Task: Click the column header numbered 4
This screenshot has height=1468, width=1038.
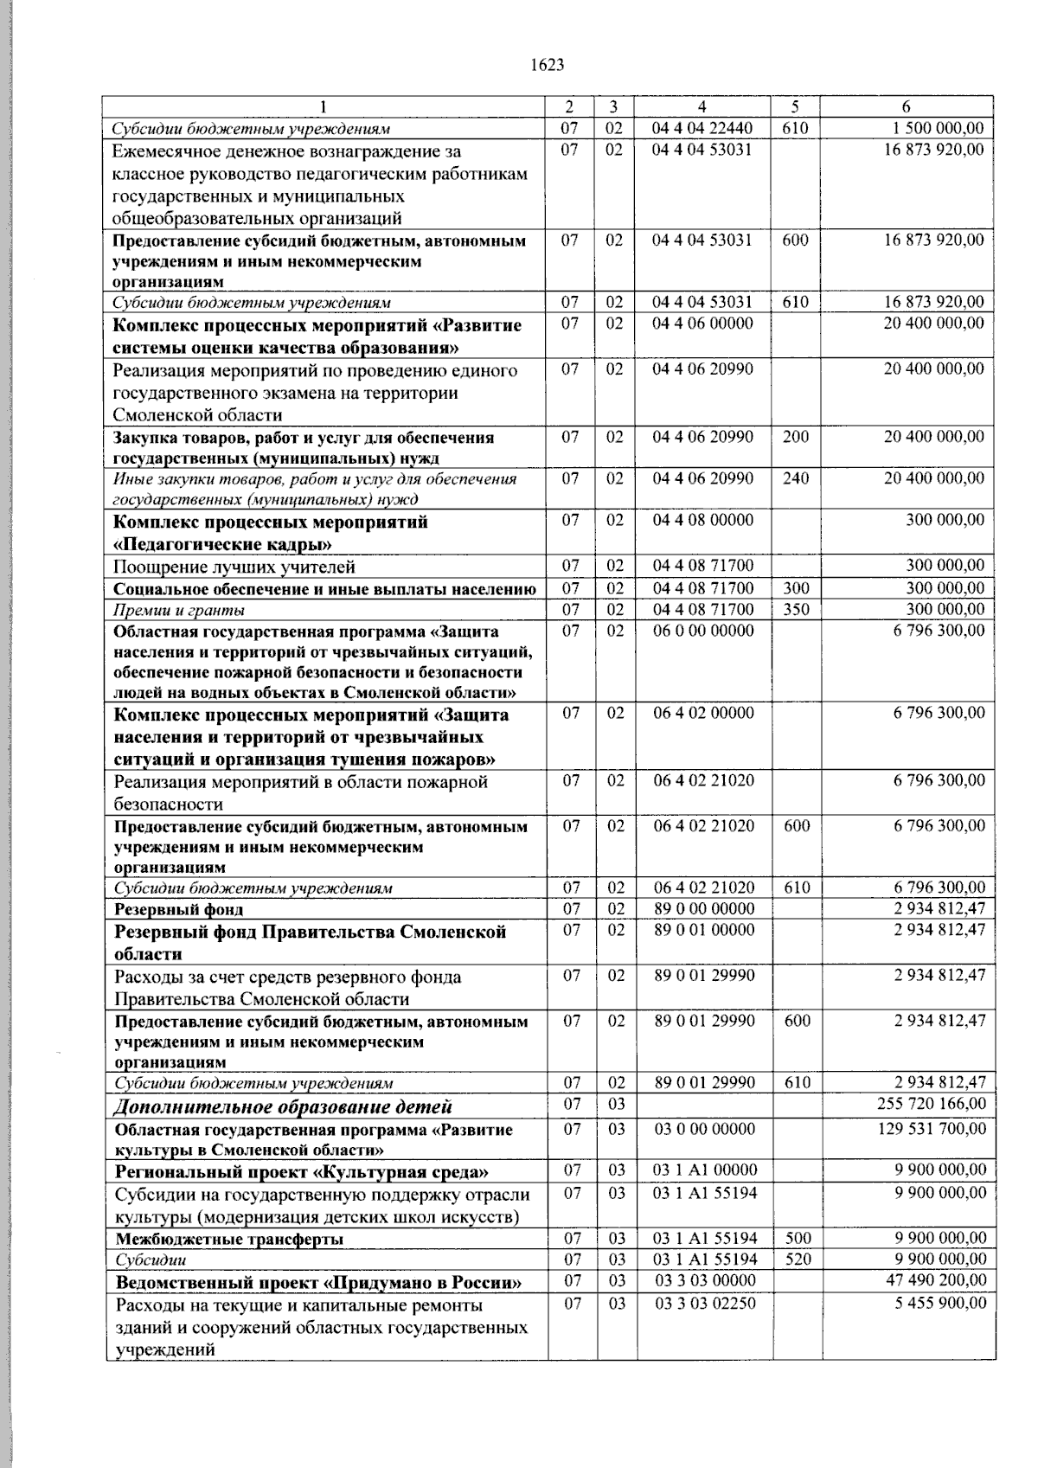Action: (702, 107)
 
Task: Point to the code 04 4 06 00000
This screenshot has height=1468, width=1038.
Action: (702, 324)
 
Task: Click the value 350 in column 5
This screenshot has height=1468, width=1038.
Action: (796, 609)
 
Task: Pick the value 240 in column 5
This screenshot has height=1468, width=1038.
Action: (796, 478)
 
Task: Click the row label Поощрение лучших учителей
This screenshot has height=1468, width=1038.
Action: (234, 567)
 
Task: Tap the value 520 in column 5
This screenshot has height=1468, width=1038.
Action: (798, 1260)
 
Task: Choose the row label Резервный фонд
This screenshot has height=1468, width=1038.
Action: (179, 909)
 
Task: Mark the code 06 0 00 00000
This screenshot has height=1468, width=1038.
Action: (702, 631)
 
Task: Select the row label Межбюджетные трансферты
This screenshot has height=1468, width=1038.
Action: (229, 1239)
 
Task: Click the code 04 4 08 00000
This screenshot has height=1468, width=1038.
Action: (702, 521)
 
